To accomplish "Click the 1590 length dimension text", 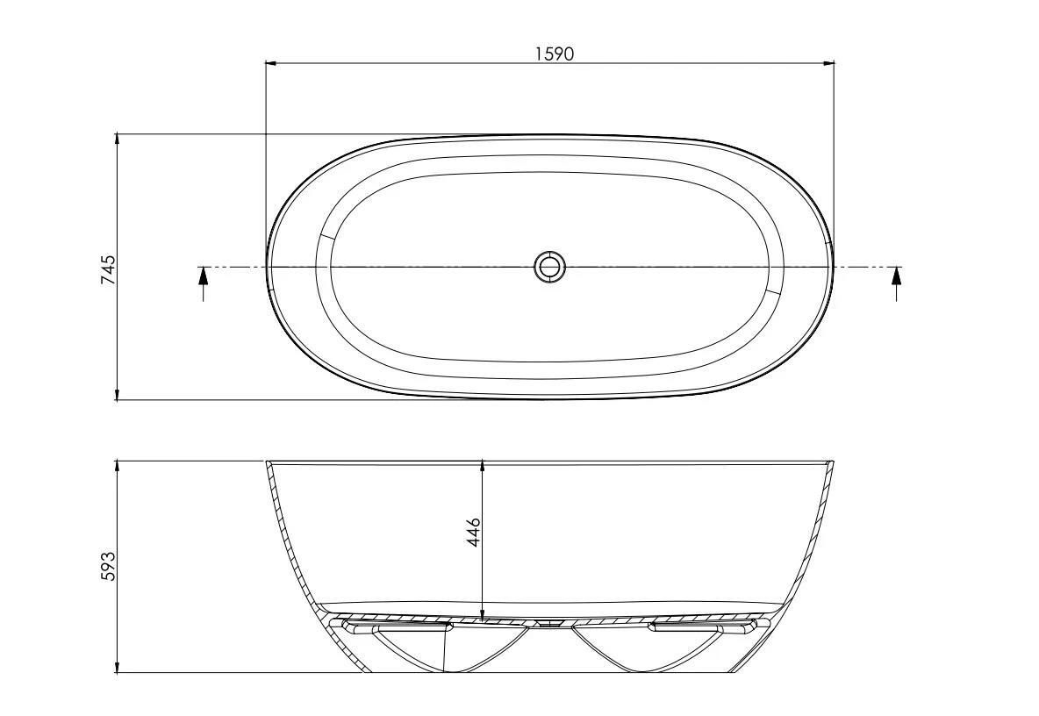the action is (554, 54).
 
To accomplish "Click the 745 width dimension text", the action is (108, 269).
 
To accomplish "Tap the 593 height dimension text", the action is (108, 566).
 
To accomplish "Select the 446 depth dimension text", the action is (473, 533).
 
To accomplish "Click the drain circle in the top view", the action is (549, 267).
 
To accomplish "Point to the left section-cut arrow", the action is (204, 283).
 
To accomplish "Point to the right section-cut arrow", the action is (897, 283).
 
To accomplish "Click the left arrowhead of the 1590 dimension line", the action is (270, 63).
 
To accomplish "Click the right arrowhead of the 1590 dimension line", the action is (829, 63).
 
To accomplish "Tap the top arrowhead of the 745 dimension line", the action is (117, 139).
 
